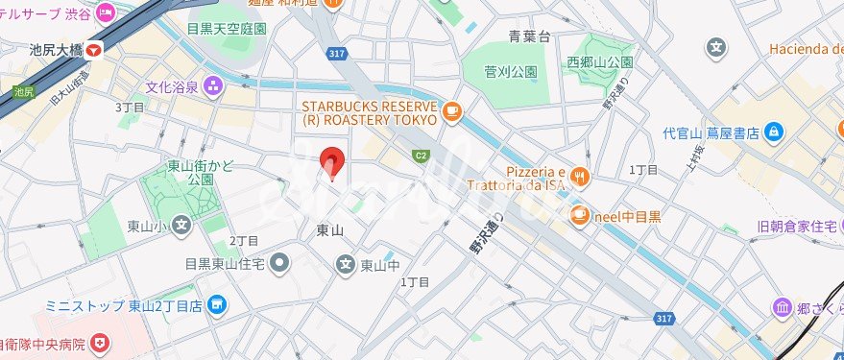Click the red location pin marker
click(331, 163)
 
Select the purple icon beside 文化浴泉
click(211, 87)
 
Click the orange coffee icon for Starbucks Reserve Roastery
click(450, 113)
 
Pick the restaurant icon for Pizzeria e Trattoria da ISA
click(579, 175)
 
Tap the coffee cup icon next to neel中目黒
click(579, 216)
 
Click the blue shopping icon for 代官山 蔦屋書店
click(775, 132)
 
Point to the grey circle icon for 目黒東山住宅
click(279, 261)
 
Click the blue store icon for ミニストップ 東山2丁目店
click(218, 306)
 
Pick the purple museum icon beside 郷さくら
click(783, 307)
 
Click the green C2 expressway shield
click(421, 156)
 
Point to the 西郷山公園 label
click(599, 61)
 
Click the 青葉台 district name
click(529, 36)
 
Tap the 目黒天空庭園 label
click(227, 29)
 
